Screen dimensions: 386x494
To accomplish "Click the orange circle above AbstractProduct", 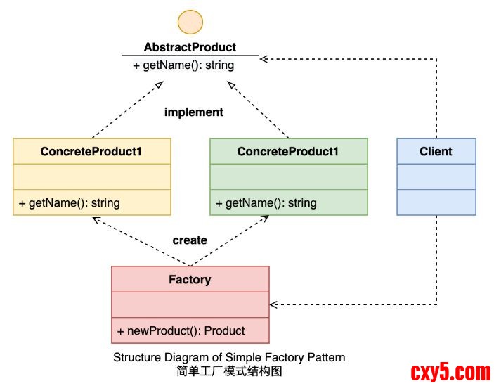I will coord(190,21).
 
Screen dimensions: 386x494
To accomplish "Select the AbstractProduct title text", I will coord(190,48).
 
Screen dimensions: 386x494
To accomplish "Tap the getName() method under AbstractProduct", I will coord(183,65).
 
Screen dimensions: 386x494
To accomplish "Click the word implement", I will coord(193,112).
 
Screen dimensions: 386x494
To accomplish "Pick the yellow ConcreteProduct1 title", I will coord(91,151).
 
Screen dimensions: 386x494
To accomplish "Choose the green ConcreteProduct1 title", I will coord(288,151).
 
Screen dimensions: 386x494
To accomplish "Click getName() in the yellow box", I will coord(70,203).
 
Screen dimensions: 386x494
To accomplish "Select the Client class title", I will coord(436,151).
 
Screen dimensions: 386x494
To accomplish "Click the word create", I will coord(190,240).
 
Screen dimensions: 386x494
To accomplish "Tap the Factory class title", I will coord(190,279).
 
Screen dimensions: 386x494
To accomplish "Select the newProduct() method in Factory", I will coord(181,330).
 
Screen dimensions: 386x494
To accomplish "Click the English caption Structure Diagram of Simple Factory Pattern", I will coord(229,357).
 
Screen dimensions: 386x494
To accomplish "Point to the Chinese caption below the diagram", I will coord(229,371).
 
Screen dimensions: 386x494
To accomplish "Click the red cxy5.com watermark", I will coord(450,371).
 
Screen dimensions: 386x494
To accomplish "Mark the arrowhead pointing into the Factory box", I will coord(274,304).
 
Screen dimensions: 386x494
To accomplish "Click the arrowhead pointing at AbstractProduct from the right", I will coord(263,58).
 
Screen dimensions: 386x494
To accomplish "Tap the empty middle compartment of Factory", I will coord(190,305).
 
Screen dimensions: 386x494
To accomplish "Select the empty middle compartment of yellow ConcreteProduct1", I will coord(91,177).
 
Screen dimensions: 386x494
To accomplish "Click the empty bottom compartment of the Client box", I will coord(436,202).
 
